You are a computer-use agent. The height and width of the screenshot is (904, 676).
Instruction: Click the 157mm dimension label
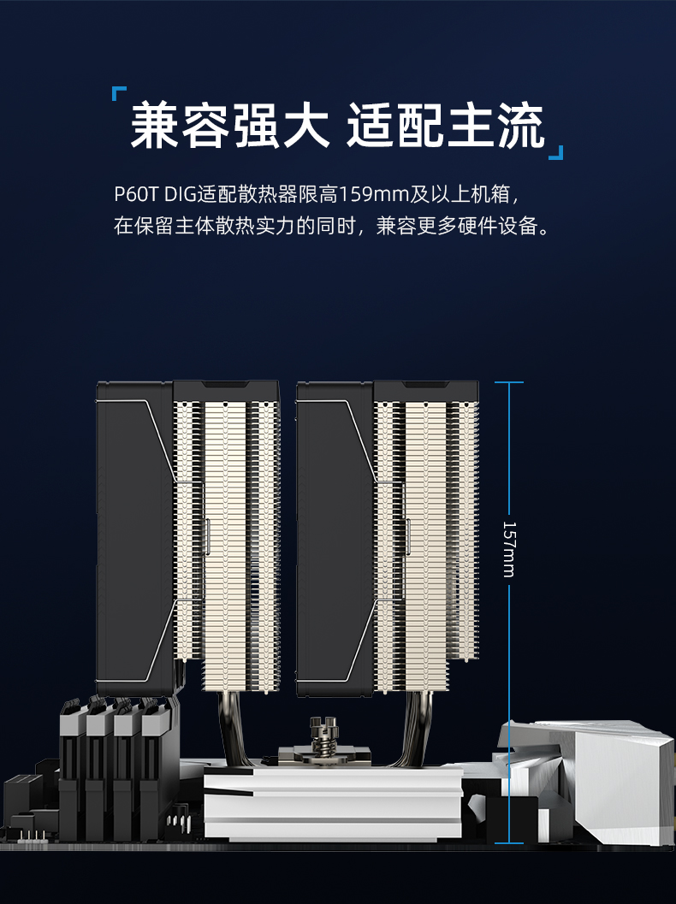pyautogui.click(x=509, y=549)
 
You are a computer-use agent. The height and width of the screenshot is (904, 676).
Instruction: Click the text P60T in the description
pyautogui.click(x=135, y=194)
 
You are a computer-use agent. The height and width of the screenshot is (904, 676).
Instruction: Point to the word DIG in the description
pyautogui.click(x=181, y=194)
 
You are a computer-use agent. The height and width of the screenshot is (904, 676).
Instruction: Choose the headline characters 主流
pyautogui.click(x=495, y=125)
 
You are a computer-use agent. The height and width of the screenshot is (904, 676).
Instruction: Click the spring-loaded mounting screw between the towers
pyautogui.click(x=323, y=734)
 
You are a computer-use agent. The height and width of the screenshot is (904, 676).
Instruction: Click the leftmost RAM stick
pyautogui.click(x=72, y=770)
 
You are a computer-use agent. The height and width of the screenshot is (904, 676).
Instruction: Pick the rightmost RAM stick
pyautogui.click(x=157, y=770)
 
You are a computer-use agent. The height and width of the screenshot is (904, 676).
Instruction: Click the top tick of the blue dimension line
pyautogui.click(x=509, y=382)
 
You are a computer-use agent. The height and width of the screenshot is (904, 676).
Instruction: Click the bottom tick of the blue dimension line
pyautogui.click(x=509, y=843)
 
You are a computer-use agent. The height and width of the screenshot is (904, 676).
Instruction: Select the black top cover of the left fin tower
pyautogui.click(x=226, y=390)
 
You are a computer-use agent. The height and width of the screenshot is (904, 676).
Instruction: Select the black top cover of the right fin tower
pyautogui.click(x=426, y=390)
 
